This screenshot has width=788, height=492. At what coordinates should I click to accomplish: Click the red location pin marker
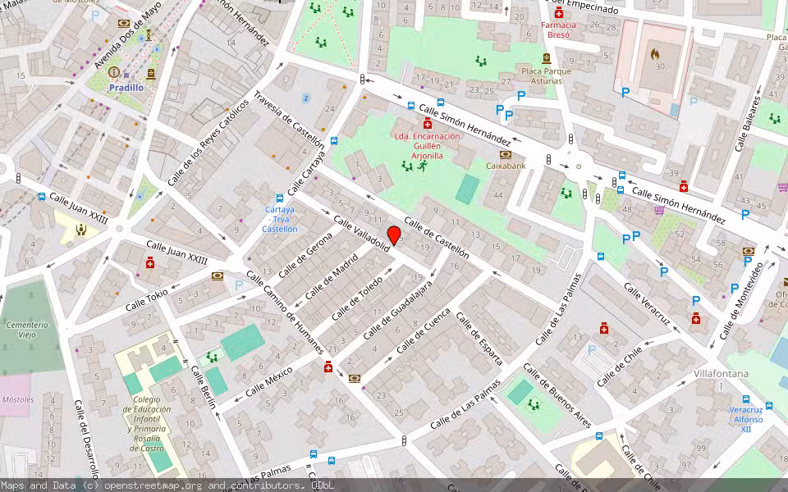pyautogui.click(x=394, y=235)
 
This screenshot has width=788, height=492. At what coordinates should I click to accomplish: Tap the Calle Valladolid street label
pyautogui.click(x=361, y=235)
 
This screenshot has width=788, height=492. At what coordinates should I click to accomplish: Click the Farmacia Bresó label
pyautogui.click(x=559, y=30)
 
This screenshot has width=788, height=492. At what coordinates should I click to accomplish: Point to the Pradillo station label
pyautogui.click(x=126, y=87)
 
